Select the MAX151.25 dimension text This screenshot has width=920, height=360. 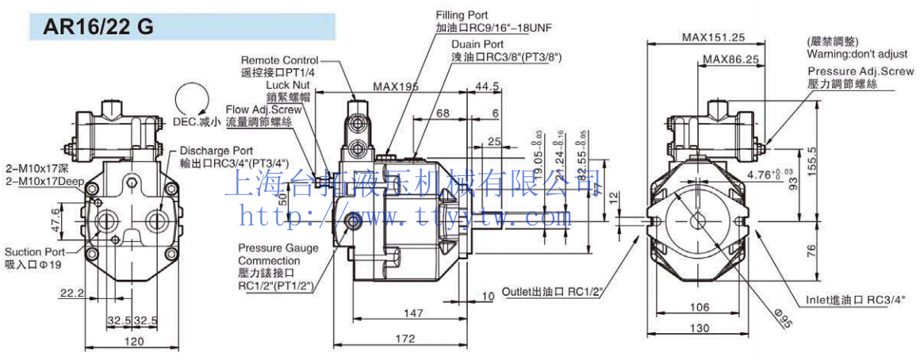(x=713, y=36)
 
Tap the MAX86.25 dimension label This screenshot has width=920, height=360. (x=730, y=59)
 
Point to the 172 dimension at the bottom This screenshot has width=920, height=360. (x=404, y=339)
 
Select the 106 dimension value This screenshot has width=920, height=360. (x=699, y=307)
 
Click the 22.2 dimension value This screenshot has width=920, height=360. (x=71, y=293)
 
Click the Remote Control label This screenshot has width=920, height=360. (x=279, y=60)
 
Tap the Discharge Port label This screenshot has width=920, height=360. (x=216, y=150)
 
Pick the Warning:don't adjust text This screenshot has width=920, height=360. (x=857, y=54)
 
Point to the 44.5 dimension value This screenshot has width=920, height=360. (x=486, y=86)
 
